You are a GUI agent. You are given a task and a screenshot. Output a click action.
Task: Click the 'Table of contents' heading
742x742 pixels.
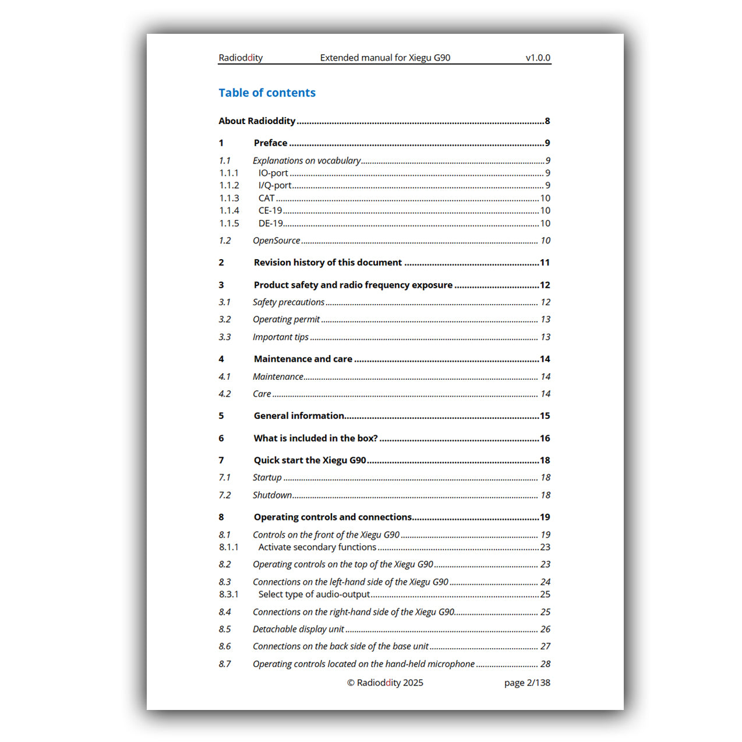(x=267, y=93)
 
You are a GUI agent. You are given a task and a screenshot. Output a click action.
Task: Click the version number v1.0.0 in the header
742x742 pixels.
(x=538, y=58)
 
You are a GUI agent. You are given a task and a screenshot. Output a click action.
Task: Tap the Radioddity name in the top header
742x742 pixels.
(x=241, y=58)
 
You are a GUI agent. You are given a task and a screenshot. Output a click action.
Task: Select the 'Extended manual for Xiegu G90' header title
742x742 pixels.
(x=385, y=58)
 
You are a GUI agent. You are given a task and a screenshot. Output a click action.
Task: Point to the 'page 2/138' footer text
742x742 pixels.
(x=527, y=683)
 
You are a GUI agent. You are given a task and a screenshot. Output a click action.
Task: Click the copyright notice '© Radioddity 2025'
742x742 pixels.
(x=385, y=683)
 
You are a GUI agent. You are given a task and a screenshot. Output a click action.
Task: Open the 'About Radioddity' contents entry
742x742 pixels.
(x=257, y=121)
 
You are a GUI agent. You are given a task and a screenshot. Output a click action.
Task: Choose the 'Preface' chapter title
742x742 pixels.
(x=270, y=143)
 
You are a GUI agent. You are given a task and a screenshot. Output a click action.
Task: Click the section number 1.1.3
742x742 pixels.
(x=229, y=199)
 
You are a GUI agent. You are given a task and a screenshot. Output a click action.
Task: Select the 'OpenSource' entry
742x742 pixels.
(x=276, y=241)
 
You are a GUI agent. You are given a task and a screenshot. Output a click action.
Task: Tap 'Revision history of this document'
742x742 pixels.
(x=327, y=263)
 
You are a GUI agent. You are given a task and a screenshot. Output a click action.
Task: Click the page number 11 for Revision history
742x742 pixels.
(x=545, y=263)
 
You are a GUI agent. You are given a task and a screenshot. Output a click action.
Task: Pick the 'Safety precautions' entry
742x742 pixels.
(x=288, y=302)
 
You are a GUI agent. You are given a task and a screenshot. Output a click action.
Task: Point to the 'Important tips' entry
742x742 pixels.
(x=280, y=337)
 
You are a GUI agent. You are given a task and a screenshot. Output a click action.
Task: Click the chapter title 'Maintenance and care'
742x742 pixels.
(x=303, y=359)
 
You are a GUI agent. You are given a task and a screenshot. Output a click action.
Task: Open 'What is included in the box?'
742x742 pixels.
(x=316, y=439)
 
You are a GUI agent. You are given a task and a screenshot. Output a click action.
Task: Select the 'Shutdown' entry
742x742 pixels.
(x=272, y=495)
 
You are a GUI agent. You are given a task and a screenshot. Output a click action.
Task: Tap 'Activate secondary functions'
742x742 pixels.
(x=317, y=547)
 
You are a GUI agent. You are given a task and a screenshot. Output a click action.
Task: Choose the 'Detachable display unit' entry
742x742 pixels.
(x=298, y=630)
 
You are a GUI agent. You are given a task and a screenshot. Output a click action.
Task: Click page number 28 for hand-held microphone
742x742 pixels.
(x=545, y=664)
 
